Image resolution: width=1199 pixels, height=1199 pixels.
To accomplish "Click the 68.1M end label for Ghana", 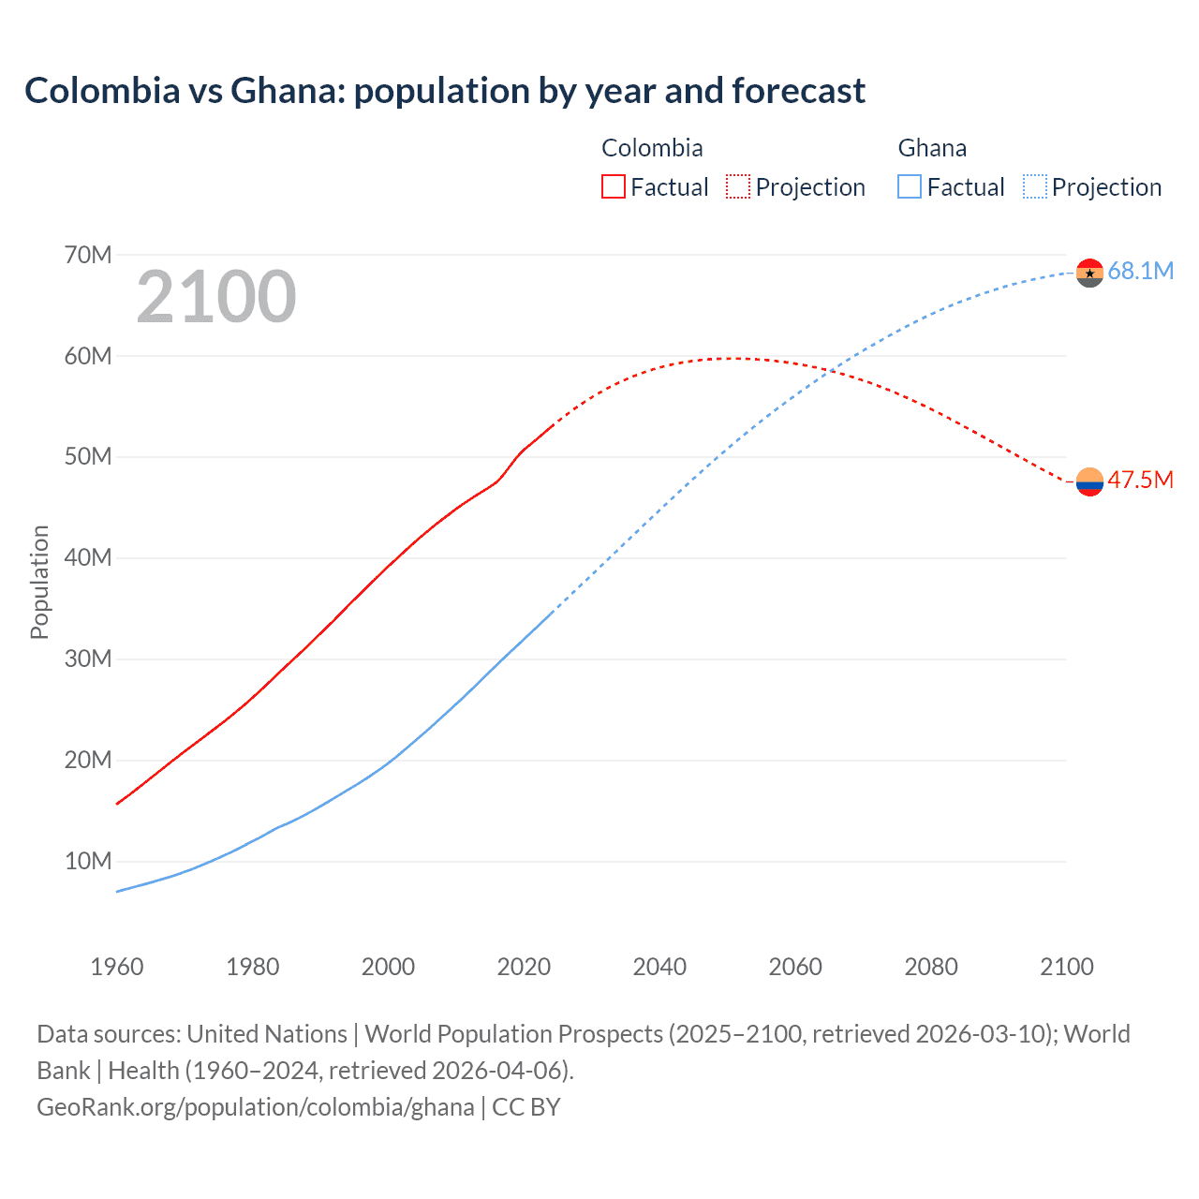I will tap(1140, 272).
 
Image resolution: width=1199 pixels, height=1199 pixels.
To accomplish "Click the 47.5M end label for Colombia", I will tap(1140, 481).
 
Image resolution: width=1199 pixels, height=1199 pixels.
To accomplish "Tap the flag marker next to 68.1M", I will tap(1089, 274).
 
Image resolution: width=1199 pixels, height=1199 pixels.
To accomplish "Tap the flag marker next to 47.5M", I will tap(1089, 481).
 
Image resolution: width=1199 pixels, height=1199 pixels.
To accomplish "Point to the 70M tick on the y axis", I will tap(88, 255).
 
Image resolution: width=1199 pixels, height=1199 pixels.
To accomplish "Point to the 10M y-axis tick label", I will tap(88, 861).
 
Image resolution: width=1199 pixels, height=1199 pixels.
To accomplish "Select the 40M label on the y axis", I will tap(88, 557).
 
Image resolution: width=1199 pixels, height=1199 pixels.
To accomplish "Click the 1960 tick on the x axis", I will tap(117, 967).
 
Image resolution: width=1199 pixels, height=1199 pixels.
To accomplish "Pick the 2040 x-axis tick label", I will tap(659, 967).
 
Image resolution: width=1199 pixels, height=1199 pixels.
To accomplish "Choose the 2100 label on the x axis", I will tap(1066, 967).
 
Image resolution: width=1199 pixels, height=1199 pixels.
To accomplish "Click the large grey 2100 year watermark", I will tap(216, 297).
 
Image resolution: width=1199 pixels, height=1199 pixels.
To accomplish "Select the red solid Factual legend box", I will tap(613, 186).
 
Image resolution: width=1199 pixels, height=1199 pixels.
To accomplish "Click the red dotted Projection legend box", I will tap(738, 186).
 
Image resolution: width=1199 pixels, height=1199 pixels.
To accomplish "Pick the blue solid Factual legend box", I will tap(909, 186).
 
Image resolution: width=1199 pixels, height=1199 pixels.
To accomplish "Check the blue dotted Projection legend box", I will tap(1035, 186).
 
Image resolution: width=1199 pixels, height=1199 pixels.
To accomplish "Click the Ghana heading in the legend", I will tap(932, 148).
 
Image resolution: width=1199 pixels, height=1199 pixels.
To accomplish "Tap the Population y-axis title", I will tap(39, 582).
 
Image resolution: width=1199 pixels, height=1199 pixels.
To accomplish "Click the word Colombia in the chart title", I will tap(102, 91).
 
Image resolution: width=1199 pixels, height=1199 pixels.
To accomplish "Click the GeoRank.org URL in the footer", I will tap(255, 1107).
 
